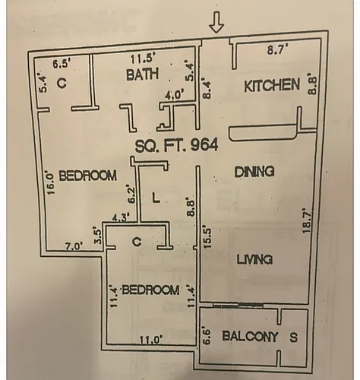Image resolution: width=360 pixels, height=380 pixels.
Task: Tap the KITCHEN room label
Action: [272, 85]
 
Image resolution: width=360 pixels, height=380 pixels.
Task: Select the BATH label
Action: [143, 74]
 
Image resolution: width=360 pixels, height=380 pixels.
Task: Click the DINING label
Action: [254, 172]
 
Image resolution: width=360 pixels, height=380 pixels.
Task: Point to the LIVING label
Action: [254, 259]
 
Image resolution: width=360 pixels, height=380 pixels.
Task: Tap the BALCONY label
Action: [250, 337]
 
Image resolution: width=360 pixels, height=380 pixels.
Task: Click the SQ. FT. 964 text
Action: [176, 146]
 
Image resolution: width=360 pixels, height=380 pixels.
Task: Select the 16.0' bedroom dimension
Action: [51, 183]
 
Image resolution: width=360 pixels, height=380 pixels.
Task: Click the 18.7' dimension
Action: [306, 220]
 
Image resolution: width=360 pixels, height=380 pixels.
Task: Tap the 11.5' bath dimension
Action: [141, 59]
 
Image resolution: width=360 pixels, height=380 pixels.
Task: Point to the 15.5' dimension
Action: [207, 236]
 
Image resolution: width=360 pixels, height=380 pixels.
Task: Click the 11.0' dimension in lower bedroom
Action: [151, 339]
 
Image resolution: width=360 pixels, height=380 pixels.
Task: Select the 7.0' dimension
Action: [74, 246]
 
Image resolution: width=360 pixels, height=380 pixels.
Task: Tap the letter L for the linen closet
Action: [156, 198]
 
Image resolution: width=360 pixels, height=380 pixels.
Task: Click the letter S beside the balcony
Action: [293, 337]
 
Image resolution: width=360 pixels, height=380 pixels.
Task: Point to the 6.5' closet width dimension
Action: [61, 64]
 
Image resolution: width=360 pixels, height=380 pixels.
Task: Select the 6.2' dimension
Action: [131, 195]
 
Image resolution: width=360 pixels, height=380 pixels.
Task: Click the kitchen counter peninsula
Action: [263, 133]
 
